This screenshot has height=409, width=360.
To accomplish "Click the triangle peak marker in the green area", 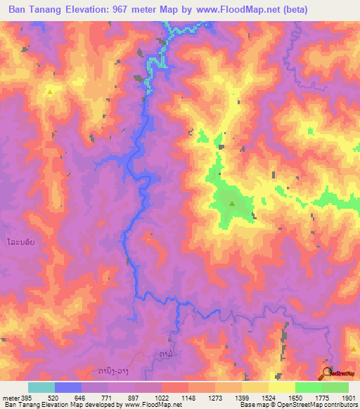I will point(232,204).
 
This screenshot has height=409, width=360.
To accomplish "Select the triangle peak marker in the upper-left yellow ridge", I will point(50,91).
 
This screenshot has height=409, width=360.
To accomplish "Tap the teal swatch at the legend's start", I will point(41,387).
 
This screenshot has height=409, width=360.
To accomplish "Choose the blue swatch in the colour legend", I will point(68,387).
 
